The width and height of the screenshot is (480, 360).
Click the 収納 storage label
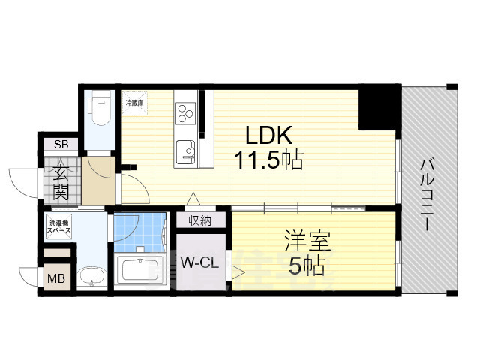[199, 220]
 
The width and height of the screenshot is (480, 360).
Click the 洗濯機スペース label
[60, 228]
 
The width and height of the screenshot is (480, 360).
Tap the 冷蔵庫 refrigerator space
[135, 103]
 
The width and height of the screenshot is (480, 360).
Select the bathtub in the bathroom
[142, 269]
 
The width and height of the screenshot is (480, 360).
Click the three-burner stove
[185, 113]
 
